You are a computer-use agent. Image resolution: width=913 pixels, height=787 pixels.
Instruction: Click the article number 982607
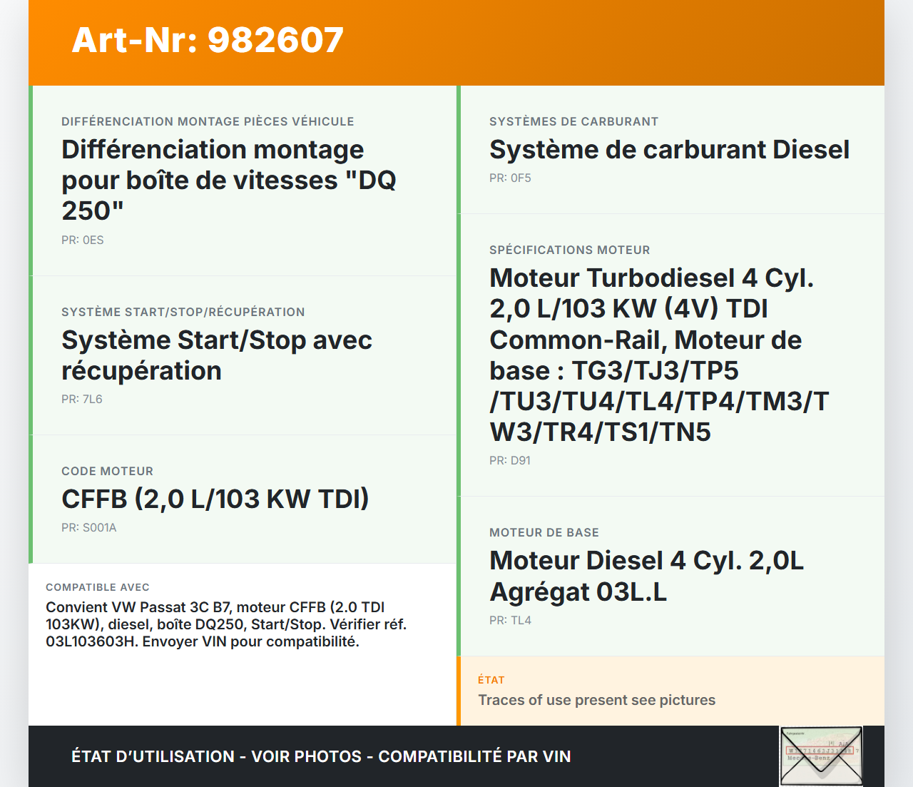point(275,40)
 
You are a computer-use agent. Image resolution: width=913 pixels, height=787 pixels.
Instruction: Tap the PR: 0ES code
point(83,240)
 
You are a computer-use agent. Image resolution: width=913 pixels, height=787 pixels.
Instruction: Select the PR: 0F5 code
point(510,178)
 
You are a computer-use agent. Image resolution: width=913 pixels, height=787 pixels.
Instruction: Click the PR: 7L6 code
point(82,399)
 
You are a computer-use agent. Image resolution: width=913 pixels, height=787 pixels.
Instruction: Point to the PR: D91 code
point(510,460)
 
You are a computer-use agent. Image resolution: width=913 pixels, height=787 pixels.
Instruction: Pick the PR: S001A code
point(88,527)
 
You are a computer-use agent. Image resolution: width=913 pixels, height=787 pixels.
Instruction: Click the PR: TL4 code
point(510,621)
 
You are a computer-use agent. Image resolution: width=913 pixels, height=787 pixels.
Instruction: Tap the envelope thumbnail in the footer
point(821,756)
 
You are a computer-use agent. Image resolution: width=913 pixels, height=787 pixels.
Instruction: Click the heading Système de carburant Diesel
point(669,149)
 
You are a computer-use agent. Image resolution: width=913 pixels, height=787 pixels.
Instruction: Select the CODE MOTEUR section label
point(107,471)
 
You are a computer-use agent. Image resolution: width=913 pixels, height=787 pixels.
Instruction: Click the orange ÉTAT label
point(491,680)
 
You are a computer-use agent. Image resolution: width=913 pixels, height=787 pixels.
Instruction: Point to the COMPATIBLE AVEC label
point(98,587)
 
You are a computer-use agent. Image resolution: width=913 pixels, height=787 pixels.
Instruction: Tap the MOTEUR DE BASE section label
point(544,532)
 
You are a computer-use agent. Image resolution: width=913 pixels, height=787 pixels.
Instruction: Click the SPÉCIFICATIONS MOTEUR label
point(570,250)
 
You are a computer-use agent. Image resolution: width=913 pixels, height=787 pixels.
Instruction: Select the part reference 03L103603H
point(90,641)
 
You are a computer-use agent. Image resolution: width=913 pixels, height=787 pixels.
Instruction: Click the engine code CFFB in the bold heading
point(95,499)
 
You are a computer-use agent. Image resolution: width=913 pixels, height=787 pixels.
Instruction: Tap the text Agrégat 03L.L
point(578,591)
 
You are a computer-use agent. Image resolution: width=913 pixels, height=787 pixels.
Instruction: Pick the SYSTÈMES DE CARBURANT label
point(573,121)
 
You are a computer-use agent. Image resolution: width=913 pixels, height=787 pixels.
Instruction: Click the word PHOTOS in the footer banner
point(328,756)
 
